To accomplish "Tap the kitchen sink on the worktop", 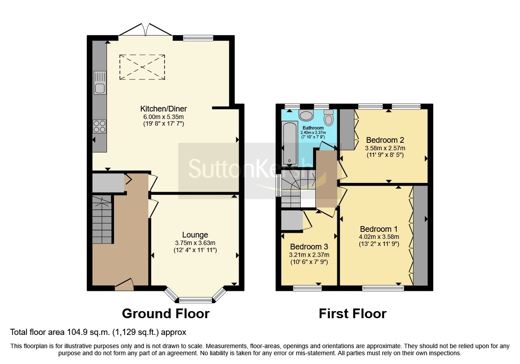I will [100, 83].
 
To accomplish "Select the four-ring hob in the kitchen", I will [100, 127].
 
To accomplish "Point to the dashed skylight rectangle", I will [142, 67].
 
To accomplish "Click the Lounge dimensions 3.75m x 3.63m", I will [195, 243].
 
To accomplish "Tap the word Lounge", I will [195, 235].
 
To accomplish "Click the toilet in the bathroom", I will [328, 118].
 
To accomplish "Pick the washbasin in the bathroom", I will [306, 115].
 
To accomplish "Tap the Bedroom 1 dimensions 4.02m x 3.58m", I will [379, 237].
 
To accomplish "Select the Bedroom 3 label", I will [309, 246].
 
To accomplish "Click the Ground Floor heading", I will [166, 314].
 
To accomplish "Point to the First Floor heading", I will [352, 314].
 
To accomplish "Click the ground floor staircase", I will [102, 220].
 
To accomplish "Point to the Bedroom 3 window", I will [307, 288].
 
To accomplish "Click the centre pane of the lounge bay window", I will [195, 301].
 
